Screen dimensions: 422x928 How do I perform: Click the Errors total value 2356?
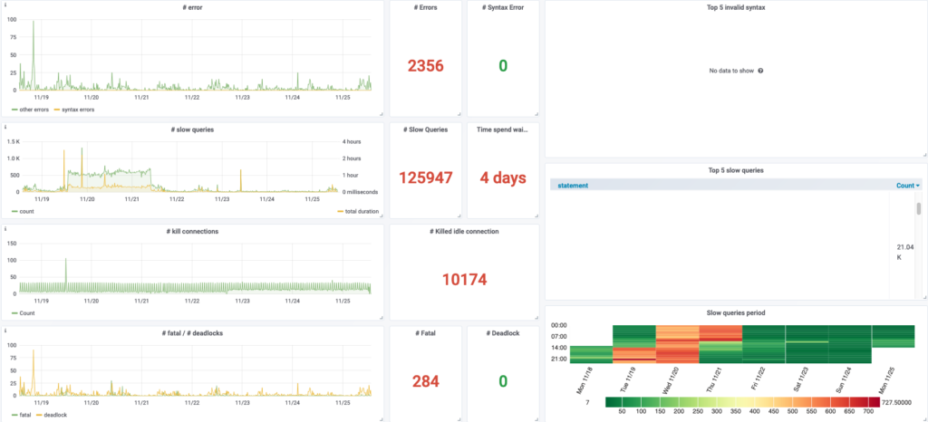pyautogui.click(x=425, y=65)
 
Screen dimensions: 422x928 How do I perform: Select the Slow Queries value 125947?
pyautogui.click(x=425, y=177)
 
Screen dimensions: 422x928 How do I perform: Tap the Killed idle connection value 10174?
pyautogui.click(x=464, y=279)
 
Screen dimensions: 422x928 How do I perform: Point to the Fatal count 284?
pyautogui.click(x=425, y=381)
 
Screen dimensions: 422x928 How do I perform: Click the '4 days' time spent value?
pyautogui.click(x=503, y=177)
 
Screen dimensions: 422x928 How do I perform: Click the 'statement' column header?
pyautogui.click(x=573, y=185)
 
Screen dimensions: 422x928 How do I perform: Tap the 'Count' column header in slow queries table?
pyautogui.click(x=907, y=185)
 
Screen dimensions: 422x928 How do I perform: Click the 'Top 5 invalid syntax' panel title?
pyautogui.click(x=735, y=7)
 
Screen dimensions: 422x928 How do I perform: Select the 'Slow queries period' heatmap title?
pyautogui.click(x=735, y=312)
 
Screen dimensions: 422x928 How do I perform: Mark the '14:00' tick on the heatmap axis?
pyautogui.click(x=558, y=347)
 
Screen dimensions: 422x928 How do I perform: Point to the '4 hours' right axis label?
pyautogui.click(x=353, y=141)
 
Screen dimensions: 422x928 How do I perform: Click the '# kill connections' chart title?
pyautogui.click(x=192, y=231)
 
